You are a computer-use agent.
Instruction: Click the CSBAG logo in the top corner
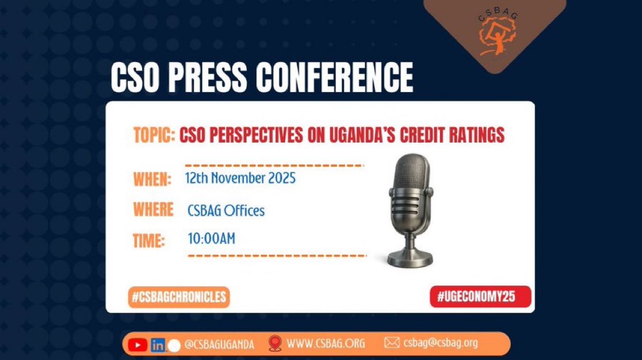pyautogui.click(x=495, y=35)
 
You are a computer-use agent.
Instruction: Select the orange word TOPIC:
pyautogui.click(x=154, y=136)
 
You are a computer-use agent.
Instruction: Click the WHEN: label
pyautogui.click(x=152, y=179)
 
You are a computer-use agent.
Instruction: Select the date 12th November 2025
pyautogui.click(x=240, y=178)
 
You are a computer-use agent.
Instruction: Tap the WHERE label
pyautogui.click(x=153, y=209)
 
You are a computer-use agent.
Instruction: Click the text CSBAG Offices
pyautogui.click(x=226, y=211)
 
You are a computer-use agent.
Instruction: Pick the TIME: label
pyautogui.click(x=149, y=240)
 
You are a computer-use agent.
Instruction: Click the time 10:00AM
pyautogui.click(x=211, y=238)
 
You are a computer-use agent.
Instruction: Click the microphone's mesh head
pyautogui.click(x=409, y=175)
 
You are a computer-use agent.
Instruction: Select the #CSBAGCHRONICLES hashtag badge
pyautogui.click(x=178, y=297)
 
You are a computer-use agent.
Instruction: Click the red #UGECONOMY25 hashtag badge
pyautogui.click(x=480, y=297)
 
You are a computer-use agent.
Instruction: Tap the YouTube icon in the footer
pyautogui.click(x=137, y=344)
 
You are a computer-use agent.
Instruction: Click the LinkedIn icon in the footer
pyautogui.click(x=157, y=345)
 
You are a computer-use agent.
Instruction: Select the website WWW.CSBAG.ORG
pyautogui.click(x=326, y=344)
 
